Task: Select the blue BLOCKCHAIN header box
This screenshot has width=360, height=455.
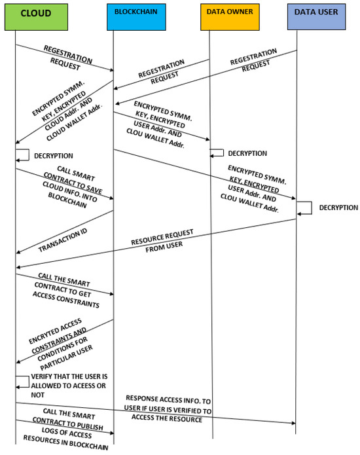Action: click(132, 16)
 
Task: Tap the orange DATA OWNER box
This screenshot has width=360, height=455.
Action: click(225, 16)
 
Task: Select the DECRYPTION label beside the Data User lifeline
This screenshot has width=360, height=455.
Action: click(338, 208)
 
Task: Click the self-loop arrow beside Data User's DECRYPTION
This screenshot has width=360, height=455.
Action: click(304, 208)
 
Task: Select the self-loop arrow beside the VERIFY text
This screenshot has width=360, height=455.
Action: click(22, 383)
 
